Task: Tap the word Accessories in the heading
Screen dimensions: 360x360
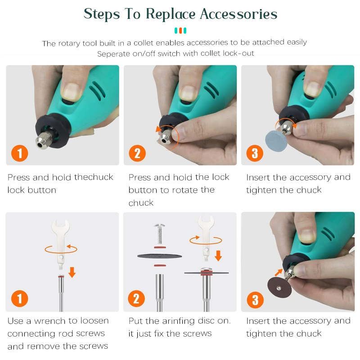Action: (x=238, y=14)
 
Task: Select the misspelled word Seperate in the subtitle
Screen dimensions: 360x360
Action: (x=113, y=54)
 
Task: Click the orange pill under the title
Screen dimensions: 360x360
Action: (x=180, y=31)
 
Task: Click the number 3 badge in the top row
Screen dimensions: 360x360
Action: (x=255, y=153)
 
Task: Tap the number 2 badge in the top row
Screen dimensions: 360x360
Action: (x=137, y=153)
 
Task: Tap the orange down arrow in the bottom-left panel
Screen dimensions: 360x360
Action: (x=72, y=272)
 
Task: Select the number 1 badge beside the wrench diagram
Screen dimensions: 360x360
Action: (x=19, y=299)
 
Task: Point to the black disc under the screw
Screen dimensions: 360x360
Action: (x=159, y=256)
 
